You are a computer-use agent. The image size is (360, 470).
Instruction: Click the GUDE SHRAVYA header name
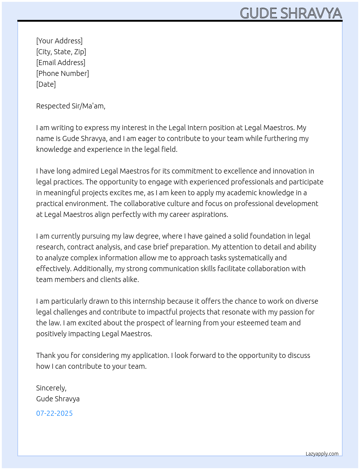coord(291,13)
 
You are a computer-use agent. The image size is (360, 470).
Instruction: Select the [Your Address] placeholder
coord(59,41)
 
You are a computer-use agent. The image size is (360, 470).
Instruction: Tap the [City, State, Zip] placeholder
coord(61,52)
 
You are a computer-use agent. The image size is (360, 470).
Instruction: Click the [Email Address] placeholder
coord(61,63)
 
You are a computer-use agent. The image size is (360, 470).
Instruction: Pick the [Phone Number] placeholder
coord(63,73)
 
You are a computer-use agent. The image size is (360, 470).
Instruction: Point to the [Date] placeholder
coord(46,84)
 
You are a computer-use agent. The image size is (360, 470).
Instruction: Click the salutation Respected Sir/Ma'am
coord(70,106)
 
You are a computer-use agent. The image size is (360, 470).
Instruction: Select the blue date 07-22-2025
coord(54,413)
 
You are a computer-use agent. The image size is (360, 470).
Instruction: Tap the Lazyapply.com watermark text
coord(322,454)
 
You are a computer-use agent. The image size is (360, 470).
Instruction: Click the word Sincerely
coord(51,388)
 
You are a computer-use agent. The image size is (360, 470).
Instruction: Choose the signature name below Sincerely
coord(58,399)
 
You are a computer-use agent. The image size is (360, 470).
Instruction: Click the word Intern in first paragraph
coord(197,128)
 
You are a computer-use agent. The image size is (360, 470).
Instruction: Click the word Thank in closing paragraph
coord(46,355)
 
